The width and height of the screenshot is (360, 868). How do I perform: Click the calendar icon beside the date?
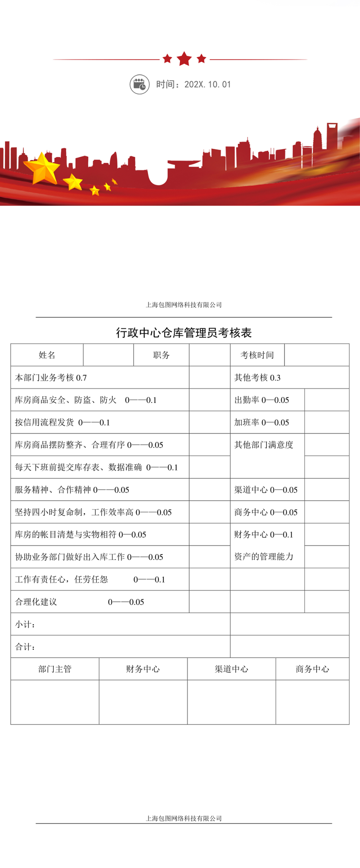(139, 85)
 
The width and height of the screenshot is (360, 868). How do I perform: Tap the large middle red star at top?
(184, 58)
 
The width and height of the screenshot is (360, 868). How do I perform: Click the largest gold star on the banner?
(42, 168)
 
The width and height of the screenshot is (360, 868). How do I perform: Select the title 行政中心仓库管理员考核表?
(184, 333)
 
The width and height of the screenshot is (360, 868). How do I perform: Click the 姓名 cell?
(47, 355)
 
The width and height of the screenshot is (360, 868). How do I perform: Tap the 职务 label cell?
(161, 355)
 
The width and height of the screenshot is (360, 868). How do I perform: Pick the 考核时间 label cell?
(257, 355)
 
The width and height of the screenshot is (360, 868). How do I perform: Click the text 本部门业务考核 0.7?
(51, 378)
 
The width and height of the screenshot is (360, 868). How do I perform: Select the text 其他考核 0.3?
(257, 378)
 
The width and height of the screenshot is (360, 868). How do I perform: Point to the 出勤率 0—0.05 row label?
(261, 400)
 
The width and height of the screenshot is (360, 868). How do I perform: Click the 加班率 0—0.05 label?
(261, 423)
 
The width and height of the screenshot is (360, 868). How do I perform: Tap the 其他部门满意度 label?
(264, 445)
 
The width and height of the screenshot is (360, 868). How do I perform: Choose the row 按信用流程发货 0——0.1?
(62, 423)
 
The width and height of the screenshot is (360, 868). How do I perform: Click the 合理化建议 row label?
(36, 602)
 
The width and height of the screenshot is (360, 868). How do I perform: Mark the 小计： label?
(25, 625)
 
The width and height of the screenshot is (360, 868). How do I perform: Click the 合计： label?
(25, 647)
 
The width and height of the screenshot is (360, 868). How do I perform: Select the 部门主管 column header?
(55, 669)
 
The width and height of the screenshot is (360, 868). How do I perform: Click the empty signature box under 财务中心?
(143, 702)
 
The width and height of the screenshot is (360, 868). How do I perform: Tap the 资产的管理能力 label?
(264, 557)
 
